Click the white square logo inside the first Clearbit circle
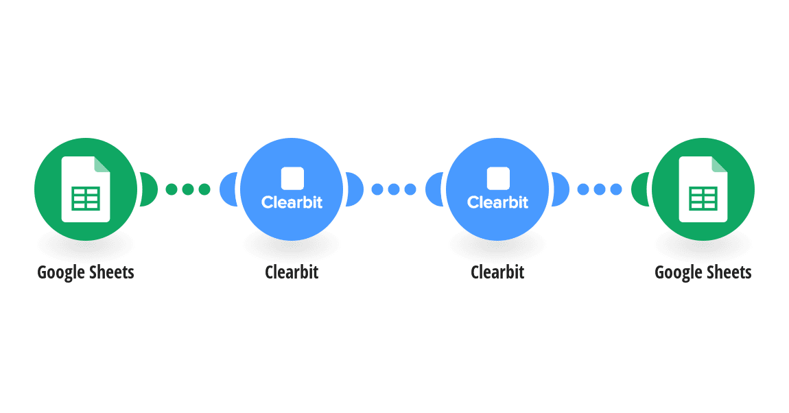click(x=292, y=178)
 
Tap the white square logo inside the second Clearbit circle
click(x=498, y=178)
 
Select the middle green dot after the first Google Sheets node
click(x=188, y=189)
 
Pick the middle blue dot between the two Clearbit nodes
click(x=394, y=189)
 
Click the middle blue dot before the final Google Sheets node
click(x=600, y=189)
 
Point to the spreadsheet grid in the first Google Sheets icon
click(x=86, y=199)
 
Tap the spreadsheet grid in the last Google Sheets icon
click(x=703, y=199)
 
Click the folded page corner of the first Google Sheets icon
click(x=102, y=165)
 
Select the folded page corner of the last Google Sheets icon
click(x=720, y=165)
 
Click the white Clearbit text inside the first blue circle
click(x=292, y=202)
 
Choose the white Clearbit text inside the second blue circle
click(x=497, y=202)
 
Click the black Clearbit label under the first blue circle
click(x=292, y=272)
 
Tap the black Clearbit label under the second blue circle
click(x=497, y=272)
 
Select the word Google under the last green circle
click(x=676, y=273)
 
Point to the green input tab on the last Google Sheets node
click(x=641, y=189)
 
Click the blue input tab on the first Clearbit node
click(x=228, y=189)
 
